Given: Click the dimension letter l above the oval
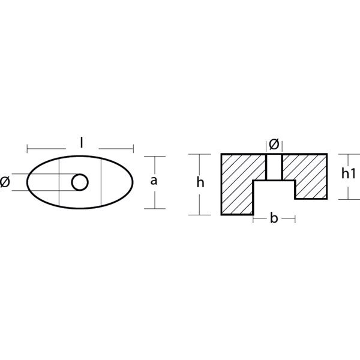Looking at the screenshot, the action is click(x=81, y=142).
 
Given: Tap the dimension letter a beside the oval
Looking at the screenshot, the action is click(x=154, y=181).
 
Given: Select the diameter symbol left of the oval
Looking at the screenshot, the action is click(x=5, y=182).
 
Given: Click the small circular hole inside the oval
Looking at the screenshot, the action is click(x=80, y=182).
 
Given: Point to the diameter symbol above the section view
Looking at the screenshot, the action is click(x=274, y=145).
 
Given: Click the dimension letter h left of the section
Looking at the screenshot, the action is click(x=200, y=183).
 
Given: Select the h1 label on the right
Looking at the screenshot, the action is click(x=348, y=173).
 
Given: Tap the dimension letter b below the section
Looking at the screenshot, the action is click(x=274, y=218).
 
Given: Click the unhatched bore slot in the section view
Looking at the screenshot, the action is click(x=274, y=167).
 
